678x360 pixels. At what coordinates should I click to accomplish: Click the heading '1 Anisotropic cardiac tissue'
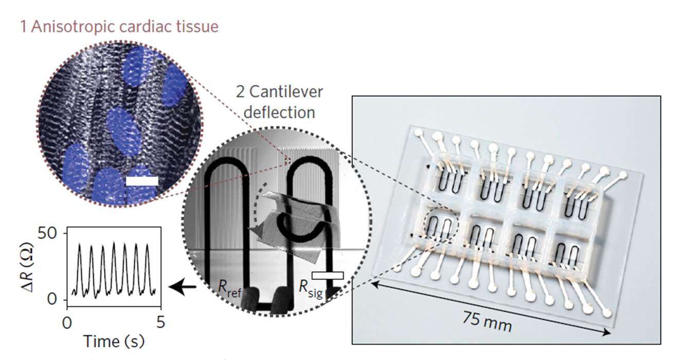coord(119,27)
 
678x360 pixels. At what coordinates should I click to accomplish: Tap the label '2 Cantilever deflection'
coord(279,101)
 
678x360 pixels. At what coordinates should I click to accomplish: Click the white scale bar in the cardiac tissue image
coord(141,181)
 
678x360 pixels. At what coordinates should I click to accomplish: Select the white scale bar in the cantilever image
coord(327,276)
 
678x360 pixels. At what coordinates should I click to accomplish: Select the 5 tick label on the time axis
coord(160,323)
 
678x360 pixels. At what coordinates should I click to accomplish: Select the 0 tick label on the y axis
coord(56,300)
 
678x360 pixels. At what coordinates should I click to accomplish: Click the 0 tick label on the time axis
coord(67,323)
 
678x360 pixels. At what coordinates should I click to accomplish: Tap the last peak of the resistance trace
coord(147,245)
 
